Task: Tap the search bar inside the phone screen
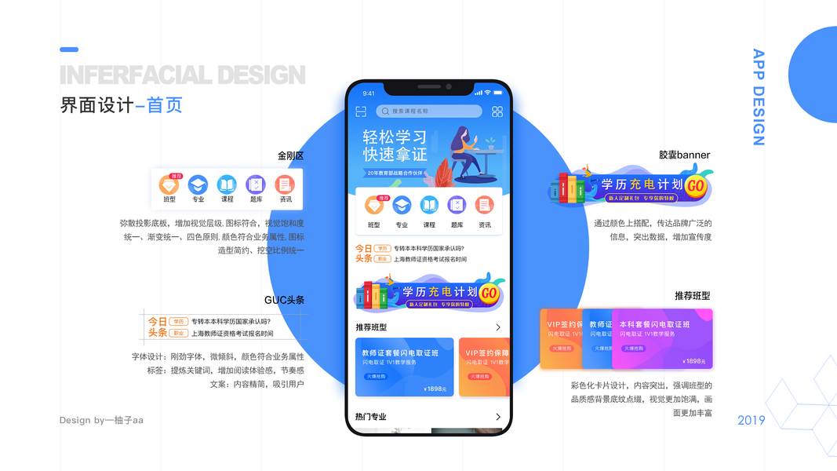(429, 111)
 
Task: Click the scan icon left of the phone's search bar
(361, 111)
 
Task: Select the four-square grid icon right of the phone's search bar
(497, 111)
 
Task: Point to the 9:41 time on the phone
(369, 93)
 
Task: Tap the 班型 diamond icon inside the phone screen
(373, 206)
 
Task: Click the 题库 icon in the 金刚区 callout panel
(256, 184)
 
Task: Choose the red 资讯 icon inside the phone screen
(485, 206)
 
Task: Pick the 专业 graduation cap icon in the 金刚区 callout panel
(198, 184)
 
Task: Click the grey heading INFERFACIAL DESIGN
(182, 75)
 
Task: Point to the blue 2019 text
(751, 421)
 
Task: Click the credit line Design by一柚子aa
(101, 420)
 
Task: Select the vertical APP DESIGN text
(758, 97)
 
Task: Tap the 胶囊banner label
(684, 155)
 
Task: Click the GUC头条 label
(284, 300)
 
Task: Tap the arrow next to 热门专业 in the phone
(497, 417)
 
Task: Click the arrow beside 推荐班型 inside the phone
(497, 327)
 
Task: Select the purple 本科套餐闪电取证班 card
(662, 338)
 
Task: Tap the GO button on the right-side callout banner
(695, 186)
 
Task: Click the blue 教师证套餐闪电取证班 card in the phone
(404, 367)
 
